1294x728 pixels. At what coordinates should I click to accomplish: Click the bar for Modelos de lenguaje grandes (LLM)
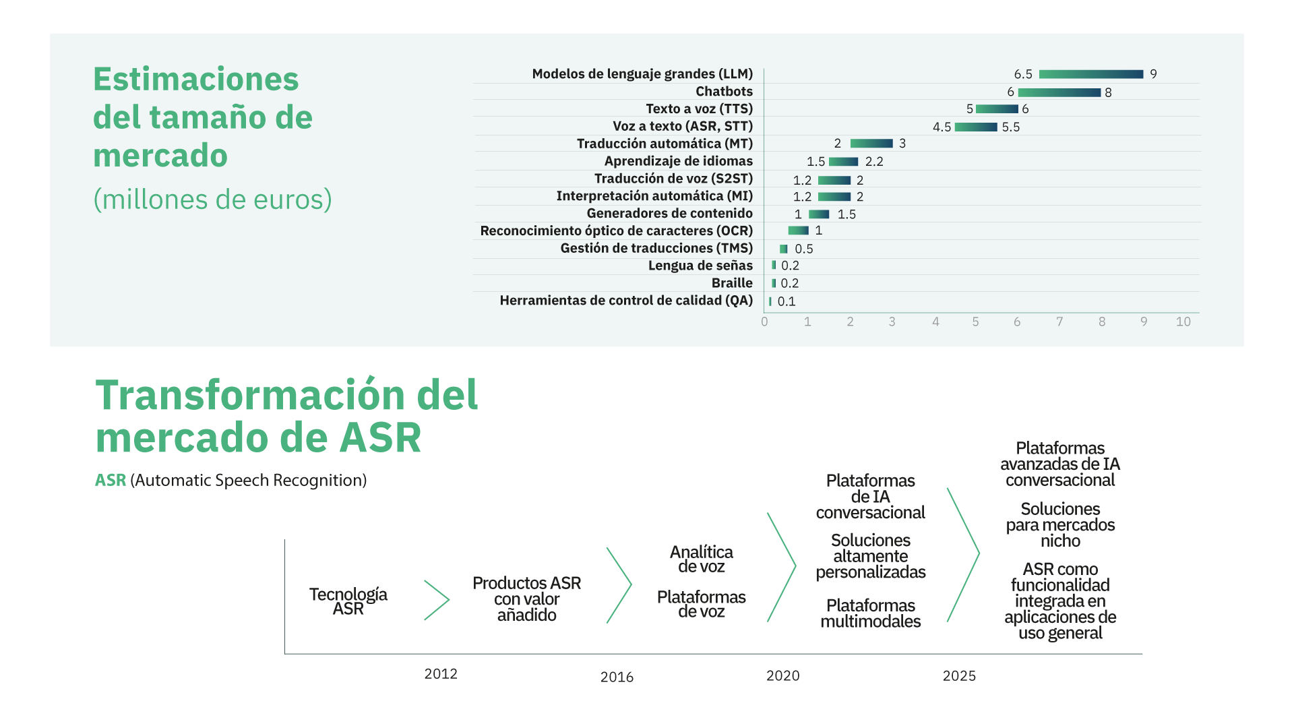click(x=1090, y=74)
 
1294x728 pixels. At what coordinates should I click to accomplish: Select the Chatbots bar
click(x=1059, y=92)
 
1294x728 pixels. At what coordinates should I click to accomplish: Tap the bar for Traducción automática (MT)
click(x=871, y=144)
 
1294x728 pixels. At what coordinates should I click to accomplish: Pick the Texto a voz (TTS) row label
click(x=699, y=109)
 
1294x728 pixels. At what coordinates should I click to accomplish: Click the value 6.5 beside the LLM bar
click(x=1022, y=74)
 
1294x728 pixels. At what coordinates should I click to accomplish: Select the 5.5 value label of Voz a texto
click(x=1010, y=127)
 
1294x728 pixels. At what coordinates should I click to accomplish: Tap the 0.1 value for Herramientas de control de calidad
click(x=786, y=302)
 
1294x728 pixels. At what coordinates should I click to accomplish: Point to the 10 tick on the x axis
click(x=1183, y=322)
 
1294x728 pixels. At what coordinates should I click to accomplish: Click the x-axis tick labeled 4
click(x=935, y=322)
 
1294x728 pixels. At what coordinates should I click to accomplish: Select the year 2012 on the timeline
click(x=440, y=674)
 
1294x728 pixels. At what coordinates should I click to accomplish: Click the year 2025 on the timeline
click(x=958, y=676)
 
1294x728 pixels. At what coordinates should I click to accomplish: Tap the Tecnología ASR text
click(x=348, y=601)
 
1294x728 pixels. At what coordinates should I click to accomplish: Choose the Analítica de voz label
click(x=701, y=559)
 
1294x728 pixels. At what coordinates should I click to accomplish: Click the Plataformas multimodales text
click(x=870, y=613)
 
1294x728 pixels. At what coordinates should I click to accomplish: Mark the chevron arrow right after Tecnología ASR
click(x=437, y=600)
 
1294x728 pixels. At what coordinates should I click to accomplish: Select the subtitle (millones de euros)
click(x=212, y=200)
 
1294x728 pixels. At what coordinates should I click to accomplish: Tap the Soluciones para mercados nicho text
click(x=1059, y=525)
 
